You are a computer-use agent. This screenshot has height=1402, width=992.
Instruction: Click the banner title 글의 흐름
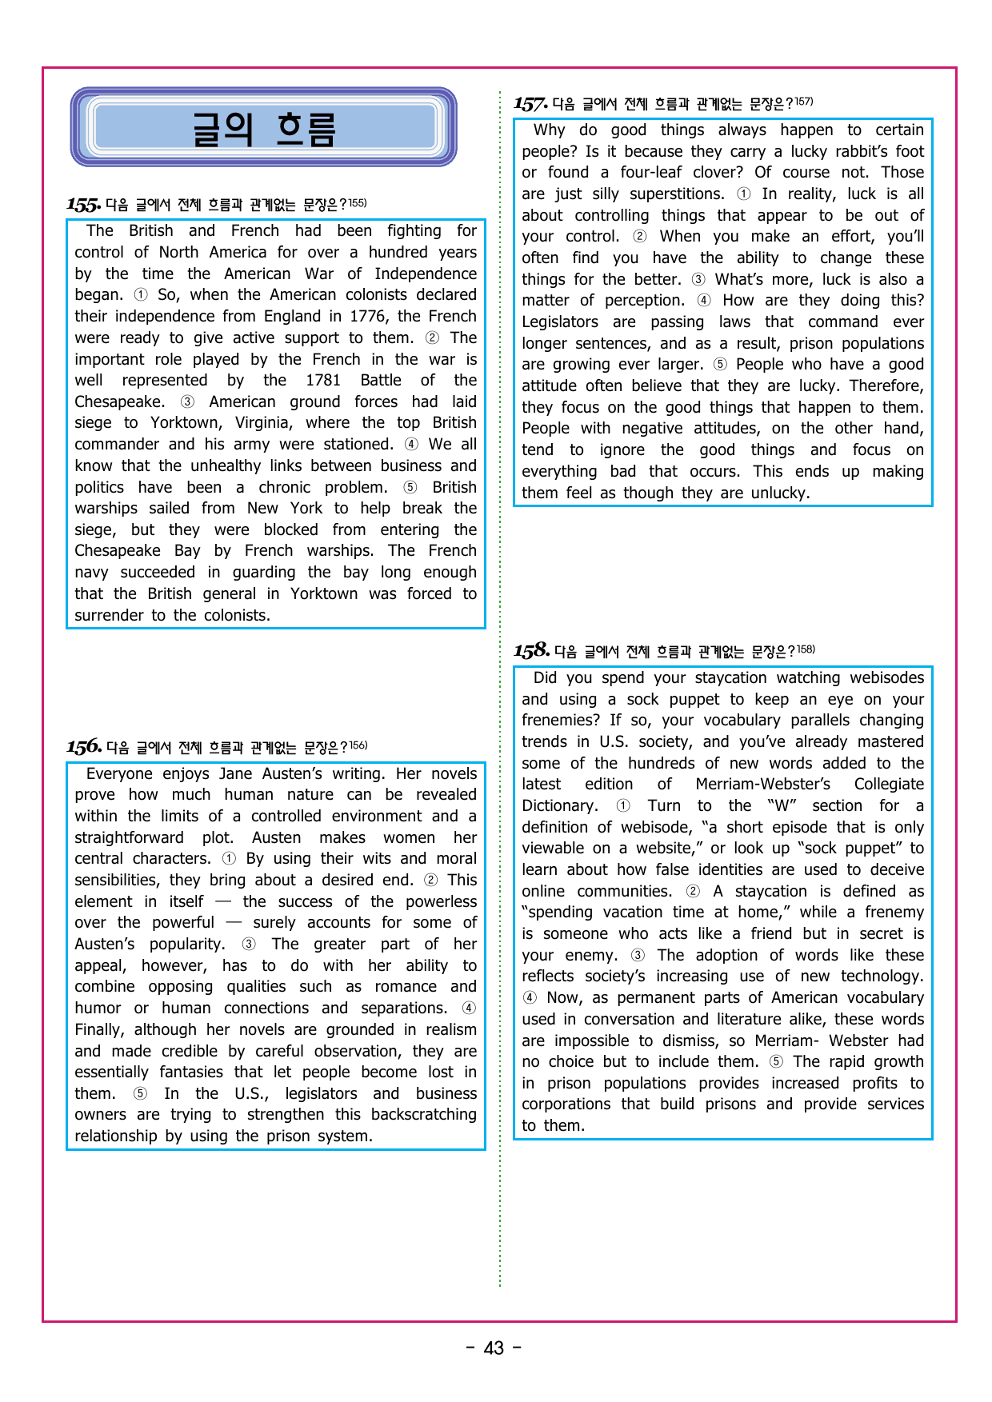tap(264, 129)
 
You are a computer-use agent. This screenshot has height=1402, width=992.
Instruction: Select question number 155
tap(83, 205)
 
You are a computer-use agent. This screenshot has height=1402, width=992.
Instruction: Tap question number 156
tap(84, 747)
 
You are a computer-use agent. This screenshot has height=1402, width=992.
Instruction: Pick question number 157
tap(530, 104)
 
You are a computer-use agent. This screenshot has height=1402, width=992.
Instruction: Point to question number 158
tap(531, 651)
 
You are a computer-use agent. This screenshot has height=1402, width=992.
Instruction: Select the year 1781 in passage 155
tap(323, 381)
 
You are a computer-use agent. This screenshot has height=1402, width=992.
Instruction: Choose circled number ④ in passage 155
tap(411, 445)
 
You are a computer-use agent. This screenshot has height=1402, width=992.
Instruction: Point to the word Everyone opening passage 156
tap(120, 774)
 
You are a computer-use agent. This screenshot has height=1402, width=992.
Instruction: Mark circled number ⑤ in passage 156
tap(140, 1094)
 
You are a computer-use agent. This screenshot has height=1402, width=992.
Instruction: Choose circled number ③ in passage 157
tap(698, 280)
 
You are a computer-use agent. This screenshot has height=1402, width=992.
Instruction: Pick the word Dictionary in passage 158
tap(559, 806)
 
